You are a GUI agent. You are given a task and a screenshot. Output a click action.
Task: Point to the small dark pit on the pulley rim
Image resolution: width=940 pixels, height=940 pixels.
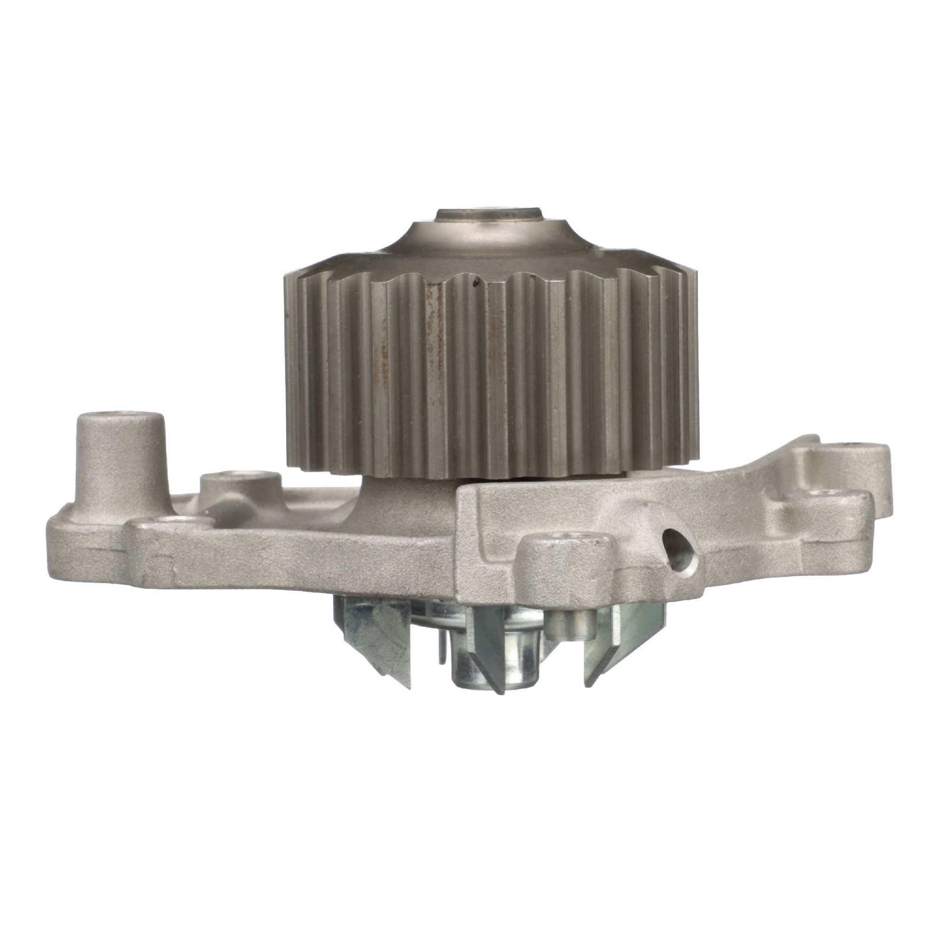click(477, 281)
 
